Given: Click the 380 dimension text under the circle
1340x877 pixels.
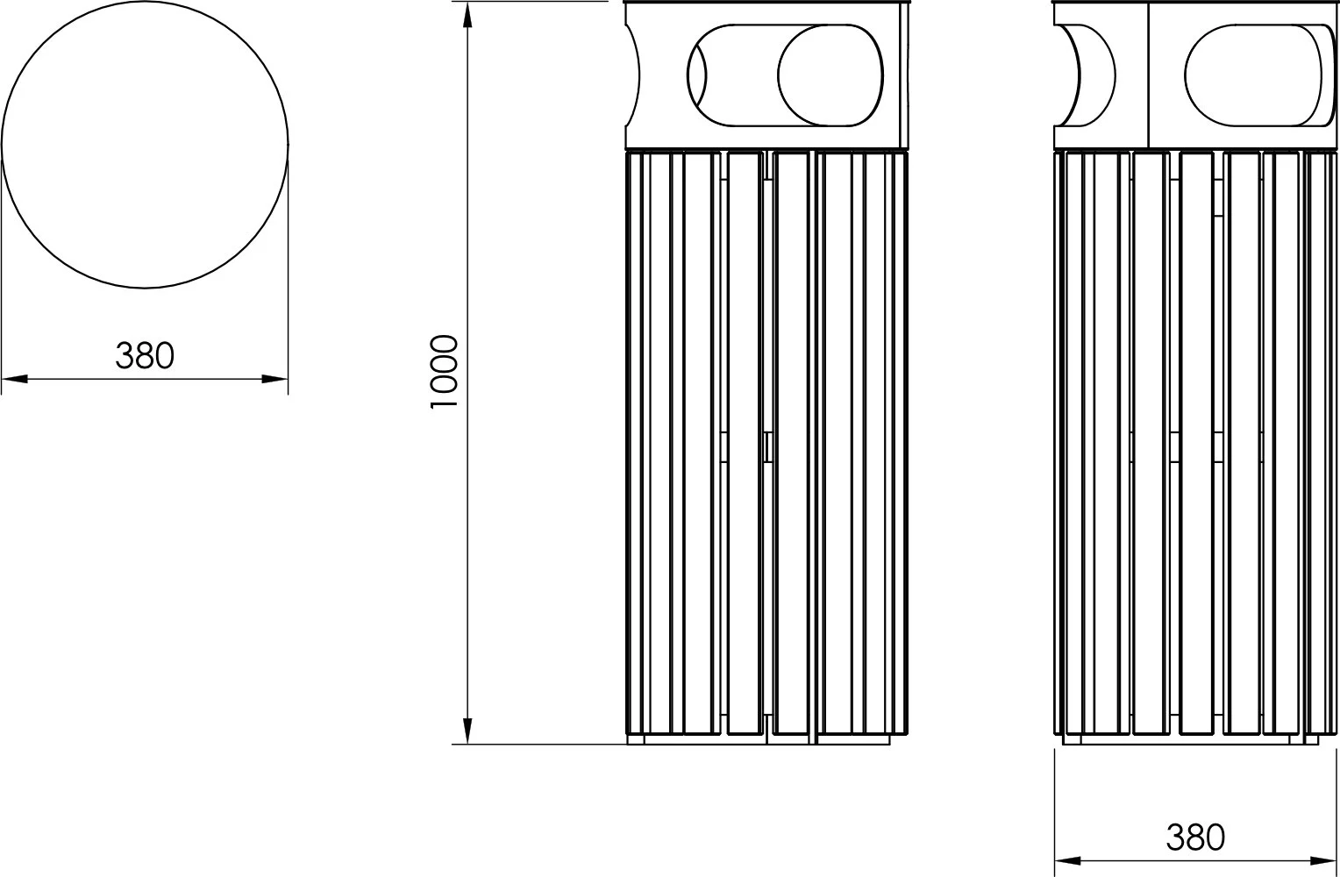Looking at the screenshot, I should pyautogui.click(x=145, y=355).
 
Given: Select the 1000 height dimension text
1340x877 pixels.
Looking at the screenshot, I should pyautogui.click(x=445, y=372).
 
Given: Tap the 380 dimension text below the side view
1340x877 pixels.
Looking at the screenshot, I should pyautogui.click(x=1195, y=838).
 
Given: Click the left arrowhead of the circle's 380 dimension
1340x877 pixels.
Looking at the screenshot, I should pyautogui.click(x=14, y=380).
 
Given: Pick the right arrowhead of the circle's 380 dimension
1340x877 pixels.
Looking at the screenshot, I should pyautogui.click(x=275, y=380).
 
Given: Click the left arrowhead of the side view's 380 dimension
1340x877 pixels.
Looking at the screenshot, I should pyautogui.click(x=1066, y=862).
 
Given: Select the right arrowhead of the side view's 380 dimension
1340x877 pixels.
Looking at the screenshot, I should pyautogui.click(x=1325, y=862).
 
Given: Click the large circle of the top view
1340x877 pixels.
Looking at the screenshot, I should pyautogui.click(x=145, y=145).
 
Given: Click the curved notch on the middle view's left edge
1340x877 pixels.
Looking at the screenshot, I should pyautogui.click(x=632, y=75).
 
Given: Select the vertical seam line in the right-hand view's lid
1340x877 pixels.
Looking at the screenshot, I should pyautogui.click(x=1148, y=75).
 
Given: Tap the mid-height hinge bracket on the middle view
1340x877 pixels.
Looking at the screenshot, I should pyautogui.click(x=767, y=446).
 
